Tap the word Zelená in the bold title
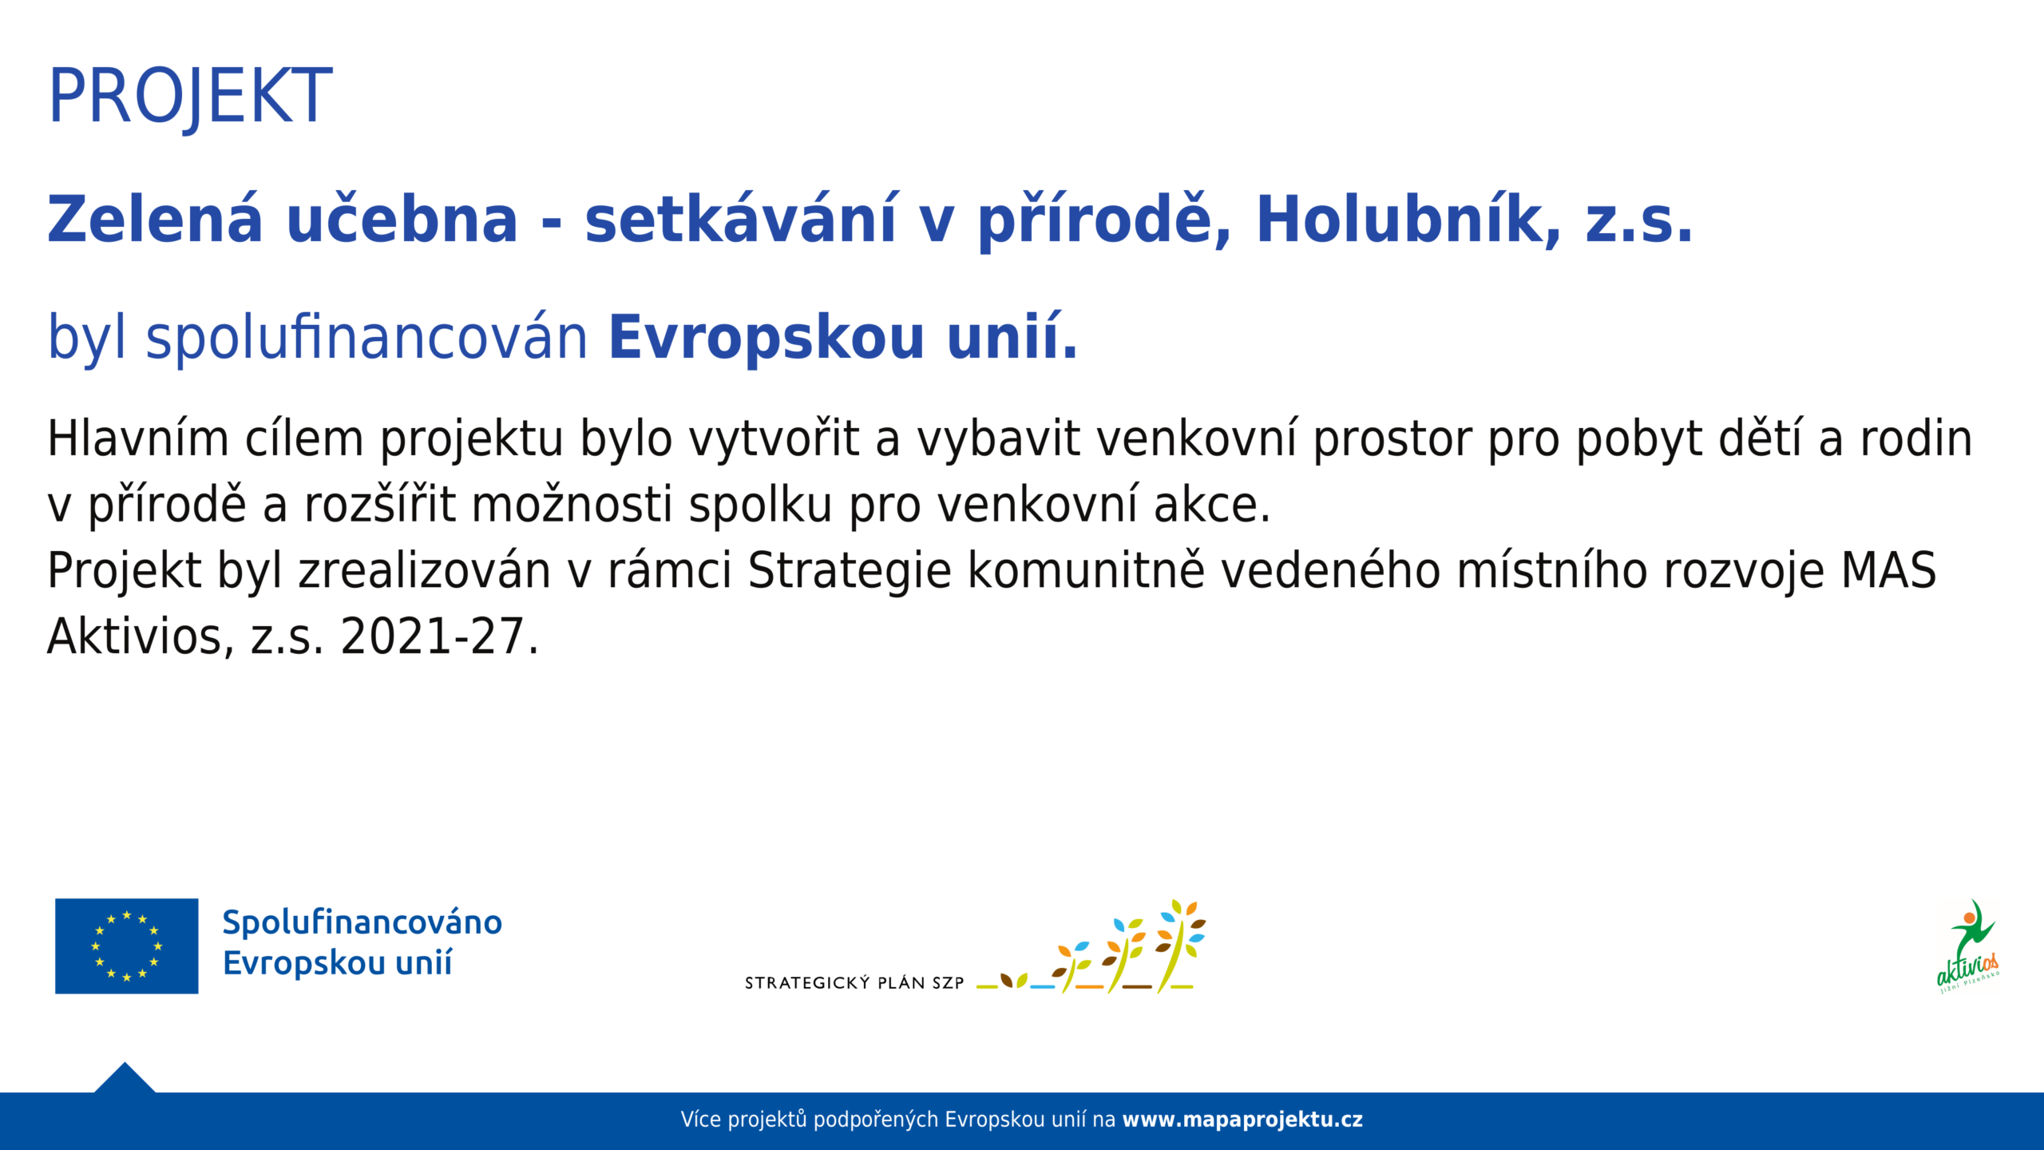155,219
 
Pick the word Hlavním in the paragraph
137,439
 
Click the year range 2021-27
432,637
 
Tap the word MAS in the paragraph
1889,571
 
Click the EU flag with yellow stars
127,946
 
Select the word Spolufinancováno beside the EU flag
362,922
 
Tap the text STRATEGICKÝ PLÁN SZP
854,983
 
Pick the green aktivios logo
1969,946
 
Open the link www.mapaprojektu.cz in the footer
1242,1120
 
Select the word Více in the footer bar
700,1120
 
